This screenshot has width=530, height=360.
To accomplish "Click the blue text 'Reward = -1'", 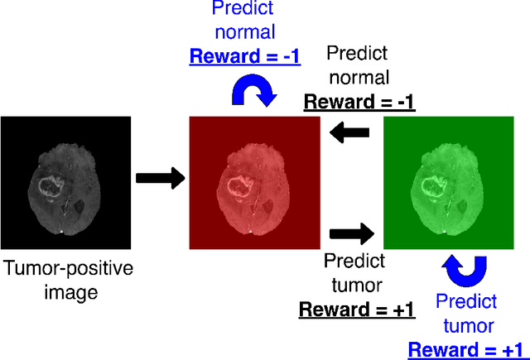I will pyautogui.click(x=245, y=57).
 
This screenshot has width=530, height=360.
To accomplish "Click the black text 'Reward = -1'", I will pyautogui.click(x=359, y=103).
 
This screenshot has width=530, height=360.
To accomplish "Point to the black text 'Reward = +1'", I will pyautogui.click(x=356, y=310).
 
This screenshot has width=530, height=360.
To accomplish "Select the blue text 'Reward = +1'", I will pyautogui.click(x=465, y=349).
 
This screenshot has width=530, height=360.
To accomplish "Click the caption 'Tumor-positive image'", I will pyautogui.click(x=67, y=280).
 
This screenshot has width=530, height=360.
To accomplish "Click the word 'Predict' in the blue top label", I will pyautogui.click(x=245, y=9).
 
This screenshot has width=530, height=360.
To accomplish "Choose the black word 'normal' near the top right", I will pyautogui.click(x=358, y=78).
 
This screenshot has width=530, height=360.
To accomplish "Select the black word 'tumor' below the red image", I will pyautogui.click(x=355, y=286).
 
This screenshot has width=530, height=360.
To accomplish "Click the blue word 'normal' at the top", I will pyautogui.click(x=245, y=33).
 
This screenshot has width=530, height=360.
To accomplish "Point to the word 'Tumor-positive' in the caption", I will pyautogui.click(x=67, y=268).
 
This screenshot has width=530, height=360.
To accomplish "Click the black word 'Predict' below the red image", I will pyautogui.click(x=355, y=262).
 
